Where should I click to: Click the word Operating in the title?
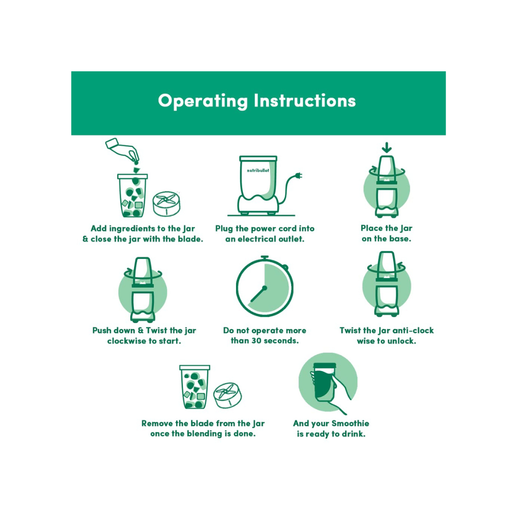[x=203, y=101]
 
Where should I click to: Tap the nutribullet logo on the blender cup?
[x=258, y=170]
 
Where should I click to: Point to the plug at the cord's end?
[x=299, y=176]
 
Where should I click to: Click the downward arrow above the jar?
[x=387, y=147]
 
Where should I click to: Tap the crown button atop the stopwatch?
[x=264, y=257]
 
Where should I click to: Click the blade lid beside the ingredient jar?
[x=167, y=203]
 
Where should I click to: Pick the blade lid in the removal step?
[x=227, y=395]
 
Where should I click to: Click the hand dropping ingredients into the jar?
[x=124, y=150]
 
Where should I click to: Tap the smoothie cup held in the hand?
[x=325, y=382]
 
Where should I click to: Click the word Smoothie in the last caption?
[x=350, y=423]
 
